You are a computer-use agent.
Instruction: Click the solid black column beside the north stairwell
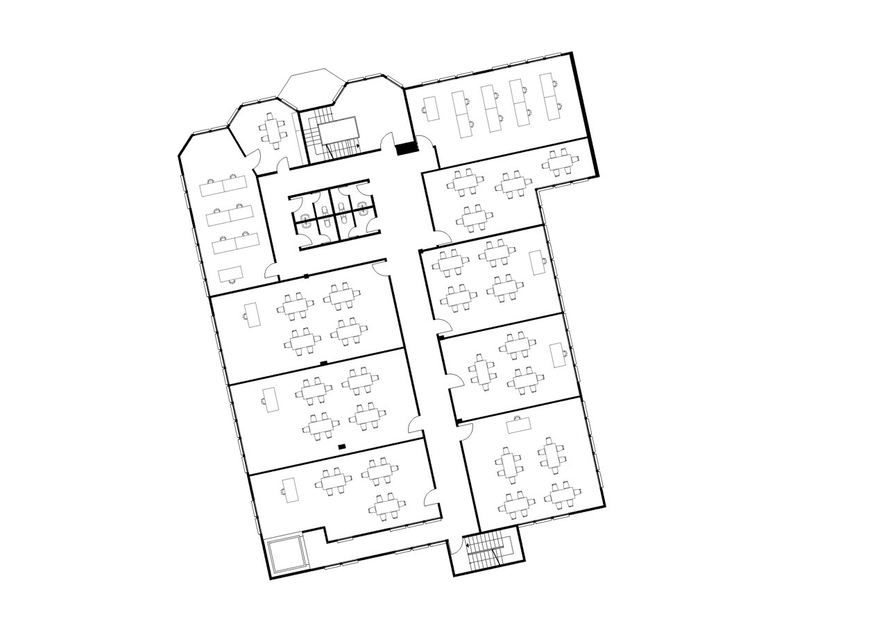tap(406, 147)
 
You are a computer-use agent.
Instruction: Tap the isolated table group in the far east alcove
tap(559, 162)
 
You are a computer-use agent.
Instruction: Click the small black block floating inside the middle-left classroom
tap(341, 446)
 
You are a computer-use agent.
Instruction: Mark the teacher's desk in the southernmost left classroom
tap(290, 490)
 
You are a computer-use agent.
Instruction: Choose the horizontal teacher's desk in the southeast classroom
tap(519, 424)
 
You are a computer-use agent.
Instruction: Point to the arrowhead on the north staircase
tap(357, 146)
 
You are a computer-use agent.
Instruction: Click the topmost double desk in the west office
tap(223, 185)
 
